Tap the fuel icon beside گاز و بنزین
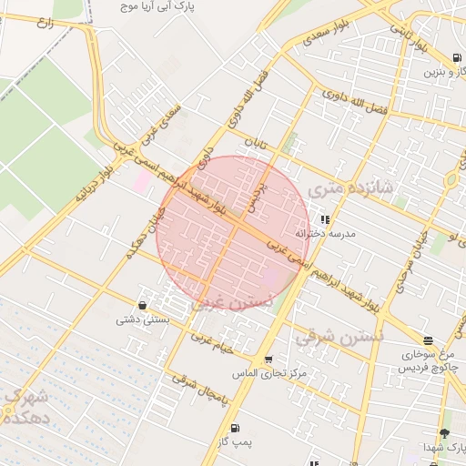456,57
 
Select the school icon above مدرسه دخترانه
325,219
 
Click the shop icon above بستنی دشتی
142,305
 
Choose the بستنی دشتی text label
140,319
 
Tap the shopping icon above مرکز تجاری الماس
268,360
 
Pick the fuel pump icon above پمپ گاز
235,427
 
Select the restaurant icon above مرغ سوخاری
428,340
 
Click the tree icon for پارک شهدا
444,433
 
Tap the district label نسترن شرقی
340,336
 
